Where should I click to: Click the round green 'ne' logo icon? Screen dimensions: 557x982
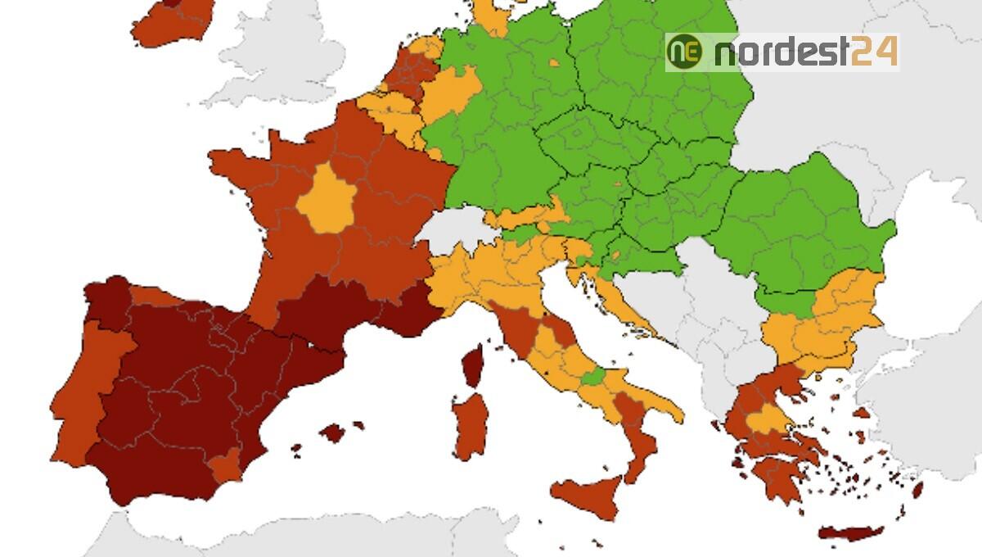(x=684, y=52)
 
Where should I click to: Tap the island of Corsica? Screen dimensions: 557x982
(x=473, y=365)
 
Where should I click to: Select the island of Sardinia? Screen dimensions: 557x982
(x=471, y=426)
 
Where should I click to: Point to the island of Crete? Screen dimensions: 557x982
(x=851, y=534)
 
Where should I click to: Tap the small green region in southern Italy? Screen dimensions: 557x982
(x=593, y=378)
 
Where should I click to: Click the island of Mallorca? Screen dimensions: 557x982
(x=333, y=432)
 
